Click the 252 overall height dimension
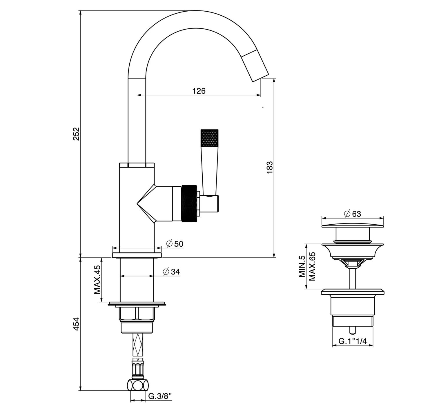tap(76, 134)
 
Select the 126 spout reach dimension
tap(199, 91)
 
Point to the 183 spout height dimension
tap(270, 168)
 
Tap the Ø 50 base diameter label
tap(175, 244)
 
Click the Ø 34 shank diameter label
tap(171, 272)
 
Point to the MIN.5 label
tap(302, 266)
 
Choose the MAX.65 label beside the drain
tap(312, 266)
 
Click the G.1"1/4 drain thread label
tap(353, 341)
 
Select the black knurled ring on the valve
tap(189, 203)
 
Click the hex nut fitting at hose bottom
tap(137, 386)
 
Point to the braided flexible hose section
tap(138, 345)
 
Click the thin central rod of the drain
tap(352, 278)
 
